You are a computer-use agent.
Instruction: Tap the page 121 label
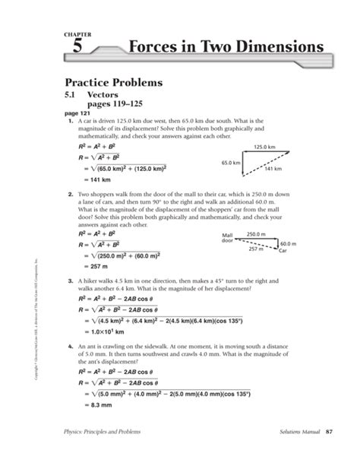pos(78,113)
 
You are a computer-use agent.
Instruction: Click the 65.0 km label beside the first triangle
pos(231,162)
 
